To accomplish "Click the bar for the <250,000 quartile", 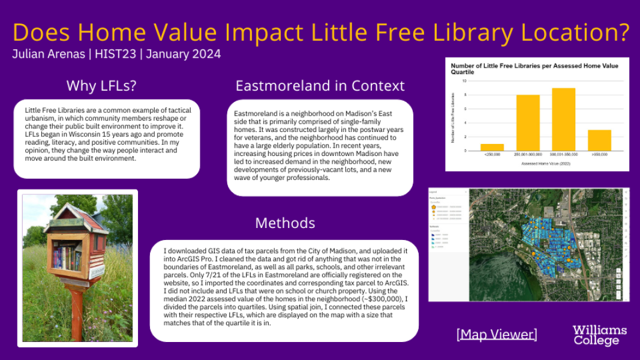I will (492, 147).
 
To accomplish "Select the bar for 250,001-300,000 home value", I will (528, 123).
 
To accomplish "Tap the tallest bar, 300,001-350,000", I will (563, 119).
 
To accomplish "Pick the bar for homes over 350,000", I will (599, 140).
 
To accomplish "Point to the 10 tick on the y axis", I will (464, 80).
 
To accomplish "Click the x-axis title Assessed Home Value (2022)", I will (545, 163).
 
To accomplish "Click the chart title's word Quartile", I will (462, 72).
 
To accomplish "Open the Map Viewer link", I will (497, 334).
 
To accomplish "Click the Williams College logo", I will (599, 335).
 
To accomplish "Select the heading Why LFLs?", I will (101, 86).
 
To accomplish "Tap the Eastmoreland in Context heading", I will (320, 86).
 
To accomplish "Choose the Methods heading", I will (285, 223).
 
